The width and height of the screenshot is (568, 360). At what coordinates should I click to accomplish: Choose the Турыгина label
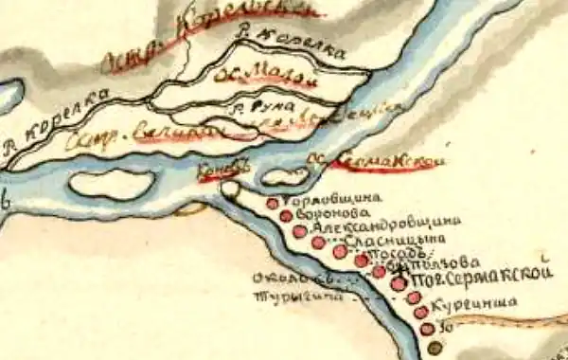284,296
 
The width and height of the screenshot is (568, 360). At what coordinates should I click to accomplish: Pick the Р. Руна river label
265,105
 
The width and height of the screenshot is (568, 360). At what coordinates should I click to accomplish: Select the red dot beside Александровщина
300,230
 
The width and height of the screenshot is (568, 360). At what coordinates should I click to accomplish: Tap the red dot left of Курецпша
420,312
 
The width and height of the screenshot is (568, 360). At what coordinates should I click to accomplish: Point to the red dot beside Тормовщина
273,203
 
